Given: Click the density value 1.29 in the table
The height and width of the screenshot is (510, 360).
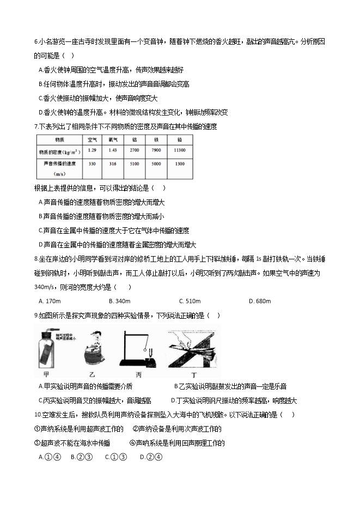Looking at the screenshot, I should click(x=92, y=150).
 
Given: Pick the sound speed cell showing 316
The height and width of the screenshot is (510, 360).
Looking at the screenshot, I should click(x=114, y=163).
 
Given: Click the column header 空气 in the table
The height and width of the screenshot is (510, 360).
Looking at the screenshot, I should click(x=92, y=139).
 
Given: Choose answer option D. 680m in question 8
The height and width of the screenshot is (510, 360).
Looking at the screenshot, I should click(x=260, y=301).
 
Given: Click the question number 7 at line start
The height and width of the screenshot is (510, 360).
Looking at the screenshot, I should click(x=35, y=126).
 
